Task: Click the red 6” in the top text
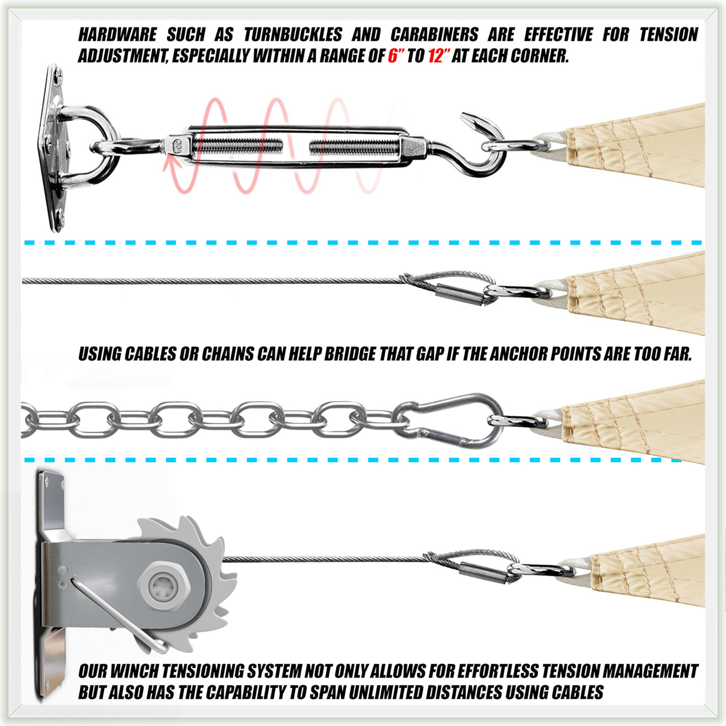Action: pos(396,56)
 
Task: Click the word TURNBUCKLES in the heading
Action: pos(293,35)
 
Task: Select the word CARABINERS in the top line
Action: pos(434,35)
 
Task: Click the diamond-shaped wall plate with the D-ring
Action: pos(54,148)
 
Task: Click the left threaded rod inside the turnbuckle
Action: pos(237,146)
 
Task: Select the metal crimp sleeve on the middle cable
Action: pos(460,294)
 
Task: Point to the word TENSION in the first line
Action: pos(669,35)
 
